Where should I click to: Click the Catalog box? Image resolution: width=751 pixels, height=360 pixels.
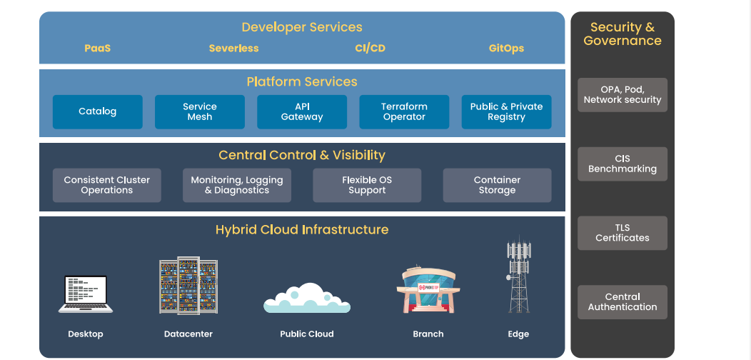pos(98,111)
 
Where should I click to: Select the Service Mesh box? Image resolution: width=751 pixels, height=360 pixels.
pos(200,111)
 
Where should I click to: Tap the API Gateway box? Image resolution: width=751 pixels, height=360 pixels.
pos(302,111)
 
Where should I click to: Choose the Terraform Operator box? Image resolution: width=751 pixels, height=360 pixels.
pos(404,111)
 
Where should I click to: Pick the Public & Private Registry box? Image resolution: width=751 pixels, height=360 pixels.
pos(506,111)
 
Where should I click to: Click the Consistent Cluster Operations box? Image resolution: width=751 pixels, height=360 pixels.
pos(107,185)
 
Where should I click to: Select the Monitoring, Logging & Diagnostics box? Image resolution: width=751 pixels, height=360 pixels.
pos(236,185)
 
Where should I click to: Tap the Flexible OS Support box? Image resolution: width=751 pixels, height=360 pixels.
pos(367,185)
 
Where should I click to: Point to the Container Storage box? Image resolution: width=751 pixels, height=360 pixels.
pos(497,185)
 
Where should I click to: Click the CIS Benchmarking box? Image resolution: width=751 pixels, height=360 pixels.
pos(623,164)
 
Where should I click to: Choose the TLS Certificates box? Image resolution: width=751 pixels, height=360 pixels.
pos(623,233)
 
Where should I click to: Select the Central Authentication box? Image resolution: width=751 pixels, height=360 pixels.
pos(623,302)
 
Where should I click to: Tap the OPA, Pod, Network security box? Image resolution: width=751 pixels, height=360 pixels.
pos(623,95)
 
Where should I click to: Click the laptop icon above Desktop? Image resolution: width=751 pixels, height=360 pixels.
pos(86,294)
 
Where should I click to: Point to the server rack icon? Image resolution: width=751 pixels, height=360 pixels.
pos(188,286)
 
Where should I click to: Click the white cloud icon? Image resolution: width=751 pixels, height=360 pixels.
pos(307,298)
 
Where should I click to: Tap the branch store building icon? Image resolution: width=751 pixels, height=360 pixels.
pos(428,289)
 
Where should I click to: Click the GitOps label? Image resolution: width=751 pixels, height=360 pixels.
pos(506,49)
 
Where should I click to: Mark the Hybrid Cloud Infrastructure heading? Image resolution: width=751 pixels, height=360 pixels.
pos(302,229)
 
